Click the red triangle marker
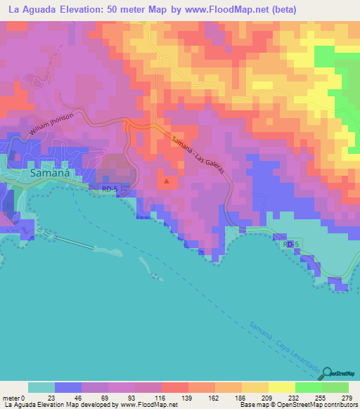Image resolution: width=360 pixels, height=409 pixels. (167, 181)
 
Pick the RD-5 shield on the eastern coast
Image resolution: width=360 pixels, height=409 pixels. (293, 243)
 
